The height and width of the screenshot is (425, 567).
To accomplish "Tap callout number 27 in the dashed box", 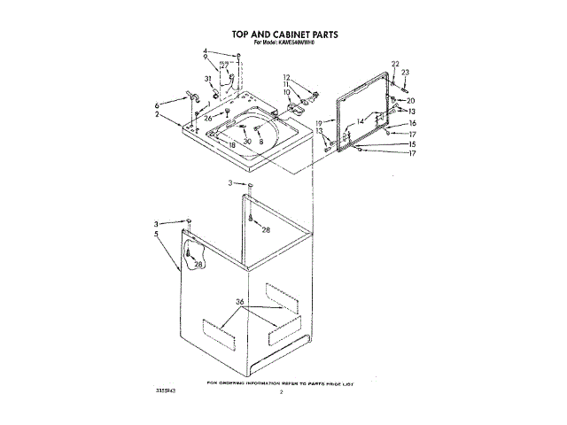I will (x=225, y=65).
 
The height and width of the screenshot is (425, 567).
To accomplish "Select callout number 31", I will (x=209, y=80).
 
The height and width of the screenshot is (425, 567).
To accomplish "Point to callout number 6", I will (x=159, y=104).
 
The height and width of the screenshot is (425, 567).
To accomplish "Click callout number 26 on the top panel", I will (x=208, y=118).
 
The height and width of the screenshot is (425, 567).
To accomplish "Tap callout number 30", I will (x=248, y=142).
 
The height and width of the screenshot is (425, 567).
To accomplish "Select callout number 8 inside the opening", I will (x=261, y=142).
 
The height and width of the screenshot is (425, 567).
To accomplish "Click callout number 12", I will (x=287, y=77).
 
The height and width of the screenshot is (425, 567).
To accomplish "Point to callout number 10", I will (x=287, y=92).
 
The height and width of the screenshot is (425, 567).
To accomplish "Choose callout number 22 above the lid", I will (x=395, y=64).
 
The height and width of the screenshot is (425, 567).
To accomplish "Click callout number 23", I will (x=405, y=73).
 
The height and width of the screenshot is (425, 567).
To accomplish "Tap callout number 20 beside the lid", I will (x=411, y=100).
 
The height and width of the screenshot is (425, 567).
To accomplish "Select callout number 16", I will (x=412, y=123).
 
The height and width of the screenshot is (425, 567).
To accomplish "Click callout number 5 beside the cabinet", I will (x=158, y=235).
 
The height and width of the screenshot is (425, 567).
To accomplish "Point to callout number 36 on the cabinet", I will (x=239, y=302).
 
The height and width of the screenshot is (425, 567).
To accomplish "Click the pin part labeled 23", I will (x=403, y=89).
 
